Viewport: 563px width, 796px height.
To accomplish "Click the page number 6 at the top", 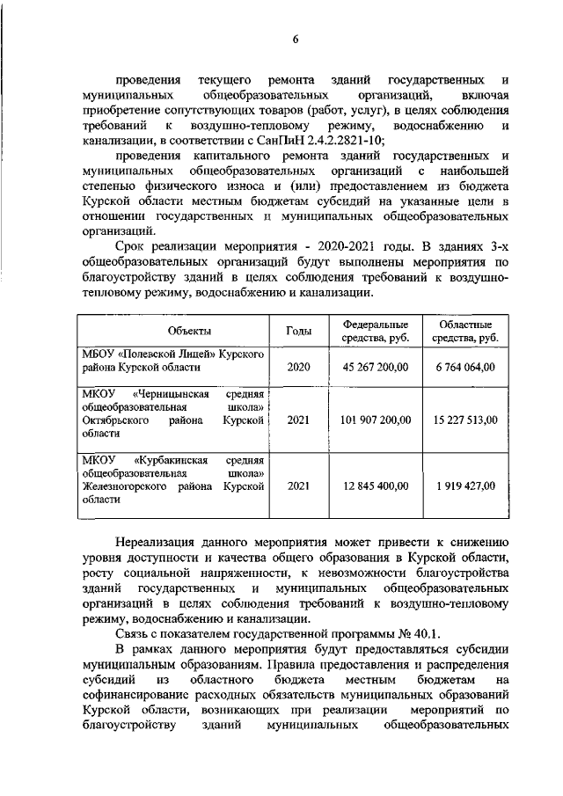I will click(296, 39).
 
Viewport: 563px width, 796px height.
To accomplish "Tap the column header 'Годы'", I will click(298, 331).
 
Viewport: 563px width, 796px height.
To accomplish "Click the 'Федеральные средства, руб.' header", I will click(376, 331).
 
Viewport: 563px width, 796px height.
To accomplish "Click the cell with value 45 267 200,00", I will click(376, 367).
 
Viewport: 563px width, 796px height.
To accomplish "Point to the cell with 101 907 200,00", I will click(376, 420).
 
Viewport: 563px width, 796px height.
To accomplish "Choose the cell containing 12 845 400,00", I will click(376, 485).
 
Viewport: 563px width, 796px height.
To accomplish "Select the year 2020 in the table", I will click(298, 367).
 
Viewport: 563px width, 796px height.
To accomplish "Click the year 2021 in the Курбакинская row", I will click(298, 485).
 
